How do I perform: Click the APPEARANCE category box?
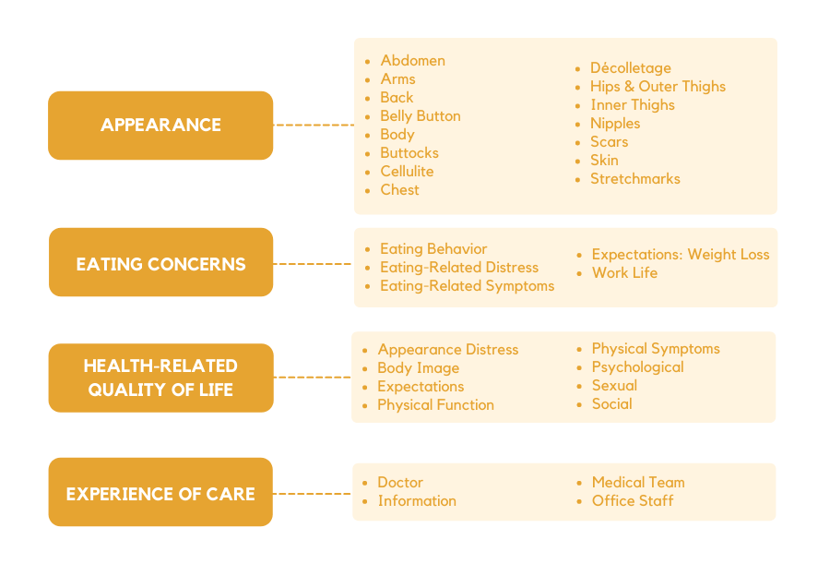pos(160,126)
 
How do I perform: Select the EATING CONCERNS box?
pos(160,263)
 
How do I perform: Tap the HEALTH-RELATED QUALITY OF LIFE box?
pos(160,378)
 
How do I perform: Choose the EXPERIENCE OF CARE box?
pos(160,493)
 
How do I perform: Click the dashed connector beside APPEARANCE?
pos(314,125)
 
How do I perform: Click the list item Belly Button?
pos(420,116)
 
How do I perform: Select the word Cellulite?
pos(407,172)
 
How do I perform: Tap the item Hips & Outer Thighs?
pos(658,87)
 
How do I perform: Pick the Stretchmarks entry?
pos(635,179)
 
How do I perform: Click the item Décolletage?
pos(631,68)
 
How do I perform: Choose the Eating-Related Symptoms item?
pos(467,286)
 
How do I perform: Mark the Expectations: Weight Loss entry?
pos(681,255)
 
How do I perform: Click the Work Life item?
pos(624,273)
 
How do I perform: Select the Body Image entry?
pos(418,368)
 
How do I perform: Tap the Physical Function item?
pos(435,405)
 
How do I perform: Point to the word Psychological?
pos(637,367)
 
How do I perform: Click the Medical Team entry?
pos(638,483)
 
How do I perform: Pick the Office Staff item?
pos(633,501)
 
